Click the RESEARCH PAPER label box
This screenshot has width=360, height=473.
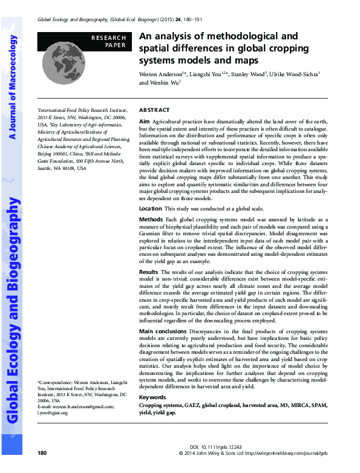click(x=109, y=41)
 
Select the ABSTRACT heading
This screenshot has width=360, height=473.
click(x=155, y=111)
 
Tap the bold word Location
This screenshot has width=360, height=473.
click(x=151, y=208)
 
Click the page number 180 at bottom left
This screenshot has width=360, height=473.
click(x=42, y=453)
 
